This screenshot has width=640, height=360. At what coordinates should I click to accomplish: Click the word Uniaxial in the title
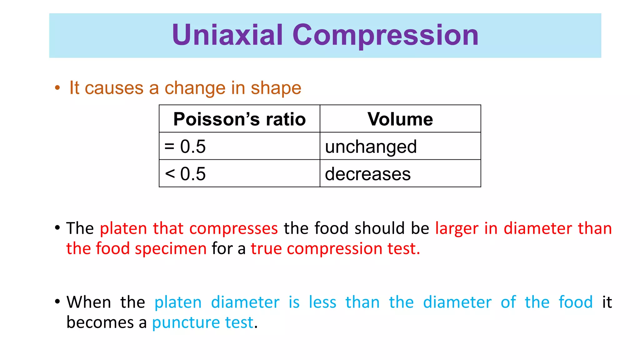click(227, 35)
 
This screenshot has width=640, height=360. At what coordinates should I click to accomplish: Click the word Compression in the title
click(385, 36)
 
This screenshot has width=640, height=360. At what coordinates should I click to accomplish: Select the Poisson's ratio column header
click(239, 119)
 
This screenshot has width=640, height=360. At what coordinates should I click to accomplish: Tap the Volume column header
click(400, 119)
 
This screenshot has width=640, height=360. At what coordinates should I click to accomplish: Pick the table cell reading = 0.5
click(239, 146)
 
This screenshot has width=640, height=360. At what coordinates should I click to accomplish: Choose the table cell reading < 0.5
click(239, 174)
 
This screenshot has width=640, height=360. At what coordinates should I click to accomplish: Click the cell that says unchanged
click(400, 146)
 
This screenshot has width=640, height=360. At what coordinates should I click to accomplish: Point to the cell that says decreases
click(400, 174)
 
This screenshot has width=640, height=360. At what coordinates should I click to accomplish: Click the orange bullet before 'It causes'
click(57, 88)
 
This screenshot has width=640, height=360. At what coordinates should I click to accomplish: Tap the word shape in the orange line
click(276, 88)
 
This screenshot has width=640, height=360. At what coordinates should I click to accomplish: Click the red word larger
click(457, 228)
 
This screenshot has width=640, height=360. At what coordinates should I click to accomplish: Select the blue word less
click(322, 302)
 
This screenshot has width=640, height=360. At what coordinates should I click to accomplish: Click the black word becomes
click(100, 322)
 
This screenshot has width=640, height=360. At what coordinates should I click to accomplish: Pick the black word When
click(89, 302)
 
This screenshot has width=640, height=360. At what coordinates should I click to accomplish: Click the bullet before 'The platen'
click(57, 228)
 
